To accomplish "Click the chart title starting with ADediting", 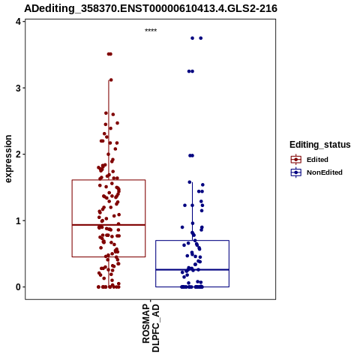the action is [151, 8].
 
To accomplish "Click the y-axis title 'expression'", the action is [8, 159].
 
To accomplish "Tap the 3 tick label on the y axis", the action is [19, 88].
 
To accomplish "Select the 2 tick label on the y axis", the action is [19, 154].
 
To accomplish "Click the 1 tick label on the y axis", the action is [19, 220].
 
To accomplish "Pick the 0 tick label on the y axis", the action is [19, 287].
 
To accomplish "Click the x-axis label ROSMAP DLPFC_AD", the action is [151, 328].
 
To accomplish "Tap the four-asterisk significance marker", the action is [151, 30].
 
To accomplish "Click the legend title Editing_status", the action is [320, 145].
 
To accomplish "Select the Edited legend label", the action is [317, 160].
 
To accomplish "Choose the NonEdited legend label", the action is [325, 172].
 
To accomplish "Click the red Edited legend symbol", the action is [296, 160].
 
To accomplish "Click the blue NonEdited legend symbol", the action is [296, 172].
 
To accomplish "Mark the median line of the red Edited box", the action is [109, 225].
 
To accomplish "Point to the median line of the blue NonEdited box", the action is [192, 270].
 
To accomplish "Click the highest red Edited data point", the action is [109, 54].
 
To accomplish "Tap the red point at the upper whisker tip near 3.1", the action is [111, 80].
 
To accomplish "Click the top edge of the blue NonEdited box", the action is [192, 241].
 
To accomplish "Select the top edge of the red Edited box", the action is [109, 180].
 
